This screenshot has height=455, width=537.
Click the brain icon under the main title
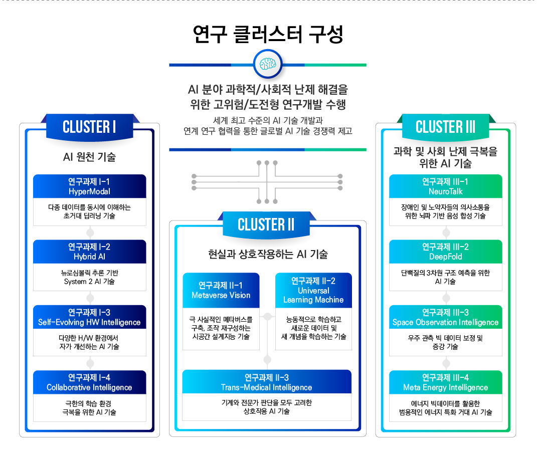click(268, 64)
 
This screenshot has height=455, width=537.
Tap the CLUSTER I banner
click(89, 127)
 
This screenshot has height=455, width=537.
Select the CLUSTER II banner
click(266, 224)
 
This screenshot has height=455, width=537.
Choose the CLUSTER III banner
click(446, 127)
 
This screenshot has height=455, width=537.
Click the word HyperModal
click(89, 191)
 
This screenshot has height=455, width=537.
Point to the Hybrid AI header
click(89, 252)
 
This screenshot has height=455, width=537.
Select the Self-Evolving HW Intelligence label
click(89, 322)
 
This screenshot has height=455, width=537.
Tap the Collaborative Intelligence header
click(89, 382)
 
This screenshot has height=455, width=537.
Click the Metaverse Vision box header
click(221, 290)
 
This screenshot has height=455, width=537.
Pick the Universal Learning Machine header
click(313, 290)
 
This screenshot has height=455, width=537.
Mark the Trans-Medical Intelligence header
click(267, 382)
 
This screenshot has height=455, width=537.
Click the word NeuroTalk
click(446, 191)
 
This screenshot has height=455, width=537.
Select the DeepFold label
click(446, 257)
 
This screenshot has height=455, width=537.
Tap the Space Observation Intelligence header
click(446, 317)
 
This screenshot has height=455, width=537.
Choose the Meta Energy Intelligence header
click(446, 382)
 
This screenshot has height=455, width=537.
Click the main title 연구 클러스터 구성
click(268, 34)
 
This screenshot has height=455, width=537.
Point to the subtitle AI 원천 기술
click(89, 157)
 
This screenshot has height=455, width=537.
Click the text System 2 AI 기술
click(89, 282)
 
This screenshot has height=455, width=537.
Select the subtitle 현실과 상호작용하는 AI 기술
click(268, 254)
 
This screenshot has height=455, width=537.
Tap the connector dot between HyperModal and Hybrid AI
click(90, 233)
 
